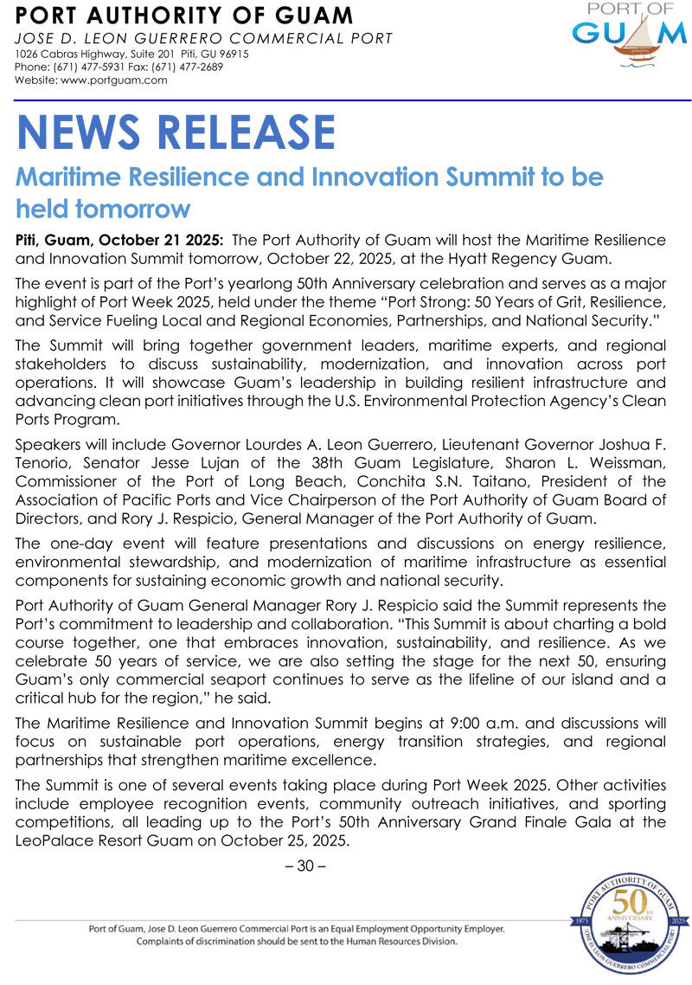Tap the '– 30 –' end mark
click(310, 866)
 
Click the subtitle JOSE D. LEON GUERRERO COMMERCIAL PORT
click(204, 38)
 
